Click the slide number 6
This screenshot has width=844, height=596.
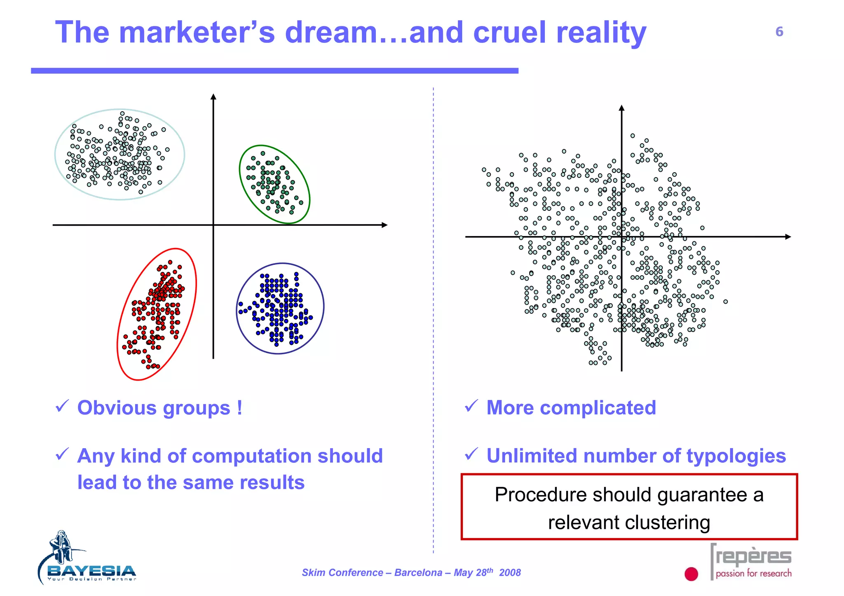[x=779, y=32]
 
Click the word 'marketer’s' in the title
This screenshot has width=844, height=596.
[x=197, y=33]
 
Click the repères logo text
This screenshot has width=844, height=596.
[x=753, y=557]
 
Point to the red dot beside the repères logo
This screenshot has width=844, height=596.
[x=691, y=574]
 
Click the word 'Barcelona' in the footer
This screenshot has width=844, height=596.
[x=418, y=573]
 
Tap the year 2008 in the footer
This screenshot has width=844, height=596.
[x=510, y=573]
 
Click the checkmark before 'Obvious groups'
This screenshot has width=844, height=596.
[x=62, y=406]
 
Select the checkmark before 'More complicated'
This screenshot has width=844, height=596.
[x=471, y=406]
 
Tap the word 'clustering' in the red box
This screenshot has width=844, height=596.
[x=670, y=522]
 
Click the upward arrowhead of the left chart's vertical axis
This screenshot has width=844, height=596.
[x=213, y=97]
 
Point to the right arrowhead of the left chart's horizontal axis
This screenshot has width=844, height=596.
[x=384, y=225]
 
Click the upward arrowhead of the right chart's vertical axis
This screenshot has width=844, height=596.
[x=621, y=108]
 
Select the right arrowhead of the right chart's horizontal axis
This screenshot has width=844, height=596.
[x=788, y=237]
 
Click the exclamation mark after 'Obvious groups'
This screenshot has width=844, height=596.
[x=239, y=408]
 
